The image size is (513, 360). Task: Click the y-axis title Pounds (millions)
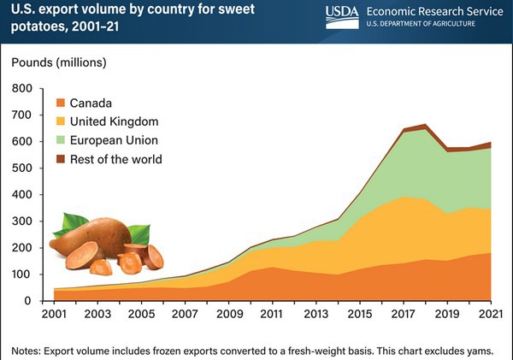point(61,62)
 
